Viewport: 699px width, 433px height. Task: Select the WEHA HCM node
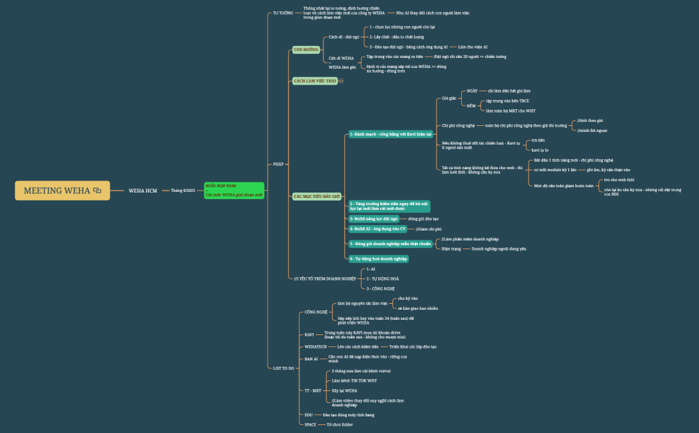(x=142, y=191)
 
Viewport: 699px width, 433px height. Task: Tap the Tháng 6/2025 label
(x=183, y=191)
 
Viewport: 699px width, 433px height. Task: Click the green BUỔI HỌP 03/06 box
(x=234, y=191)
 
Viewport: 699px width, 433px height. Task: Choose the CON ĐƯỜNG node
(x=306, y=49)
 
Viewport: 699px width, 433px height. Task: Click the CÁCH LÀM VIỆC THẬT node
(x=316, y=81)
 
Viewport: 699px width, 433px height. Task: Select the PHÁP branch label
(x=278, y=164)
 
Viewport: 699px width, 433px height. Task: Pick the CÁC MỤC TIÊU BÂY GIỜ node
(x=317, y=196)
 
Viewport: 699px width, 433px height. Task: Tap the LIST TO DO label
(x=283, y=368)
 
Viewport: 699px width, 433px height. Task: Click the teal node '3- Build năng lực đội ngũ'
(x=373, y=218)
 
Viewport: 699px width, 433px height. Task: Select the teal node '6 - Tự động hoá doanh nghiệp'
(x=379, y=258)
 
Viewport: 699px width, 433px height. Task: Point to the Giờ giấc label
(x=449, y=98)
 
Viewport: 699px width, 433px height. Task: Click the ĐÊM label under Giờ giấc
(x=471, y=105)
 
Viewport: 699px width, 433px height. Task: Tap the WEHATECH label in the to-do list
(x=316, y=347)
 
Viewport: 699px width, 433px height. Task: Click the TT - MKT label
(x=313, y=390)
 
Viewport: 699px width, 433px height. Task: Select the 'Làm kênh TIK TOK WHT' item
(x=354, y=380)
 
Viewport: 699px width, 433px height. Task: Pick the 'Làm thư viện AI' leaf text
(x=473, y=47)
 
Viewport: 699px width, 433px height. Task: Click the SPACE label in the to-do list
(x=310, y=424)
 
